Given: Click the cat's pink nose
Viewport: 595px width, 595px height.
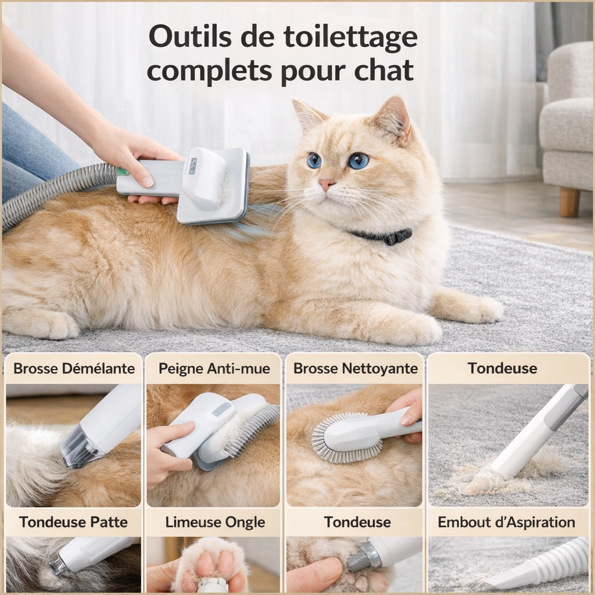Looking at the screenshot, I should tap(327, 184).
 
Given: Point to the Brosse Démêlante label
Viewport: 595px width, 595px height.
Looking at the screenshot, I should tap(74, 368).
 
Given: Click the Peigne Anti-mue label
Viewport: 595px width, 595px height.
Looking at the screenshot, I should tap(214, 368).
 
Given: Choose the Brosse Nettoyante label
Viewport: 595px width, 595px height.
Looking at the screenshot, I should tap(355, 368).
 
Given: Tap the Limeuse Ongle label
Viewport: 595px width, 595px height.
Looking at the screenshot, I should tap(214, 522).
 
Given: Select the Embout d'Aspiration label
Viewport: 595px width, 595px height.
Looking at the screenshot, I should tap(506, 522).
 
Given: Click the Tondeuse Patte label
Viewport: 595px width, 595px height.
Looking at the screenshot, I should tap(73, 522).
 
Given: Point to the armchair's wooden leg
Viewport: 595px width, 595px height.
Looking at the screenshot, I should tap(569, 202).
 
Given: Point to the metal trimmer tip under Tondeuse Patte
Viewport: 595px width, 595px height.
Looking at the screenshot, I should tap(58, 565).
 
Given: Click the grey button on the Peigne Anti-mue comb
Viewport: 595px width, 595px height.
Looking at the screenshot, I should tap(221, 410).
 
